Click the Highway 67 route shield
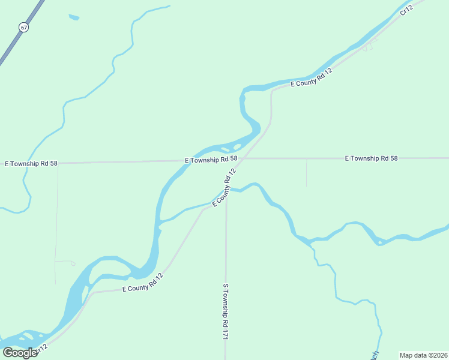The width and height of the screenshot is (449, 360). click(x=23, y=27)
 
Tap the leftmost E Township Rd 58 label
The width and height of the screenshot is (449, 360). click(x=31, y=163)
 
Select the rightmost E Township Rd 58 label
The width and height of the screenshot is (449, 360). click(x=372, y=158)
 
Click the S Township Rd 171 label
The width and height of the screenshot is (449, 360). click(x=226, y=312)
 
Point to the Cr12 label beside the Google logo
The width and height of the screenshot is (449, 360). click(x=41, y=348)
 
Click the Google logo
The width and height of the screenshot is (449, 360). click(x=20, y=353)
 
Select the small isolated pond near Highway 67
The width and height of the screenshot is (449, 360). click(x=74, y=17)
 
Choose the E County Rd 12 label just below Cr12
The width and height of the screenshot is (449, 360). click(x=312, y=78)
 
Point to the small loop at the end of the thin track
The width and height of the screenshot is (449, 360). click(x=72, y=263)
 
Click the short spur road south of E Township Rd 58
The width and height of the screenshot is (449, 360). click(x=306, y=172)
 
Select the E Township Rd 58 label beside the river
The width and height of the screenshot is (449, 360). click(x=211, y=160)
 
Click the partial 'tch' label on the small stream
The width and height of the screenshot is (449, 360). click(x=375, y=355)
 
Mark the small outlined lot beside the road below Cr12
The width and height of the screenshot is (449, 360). click(x=367, y=47)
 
